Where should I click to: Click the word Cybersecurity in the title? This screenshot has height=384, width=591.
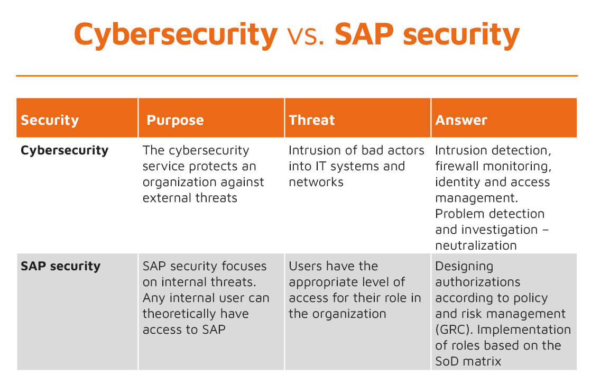(x=176, y=35)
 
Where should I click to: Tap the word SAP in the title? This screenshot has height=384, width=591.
(x=364, y=34)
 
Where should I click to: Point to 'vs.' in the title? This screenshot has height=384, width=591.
(x=306, y=36)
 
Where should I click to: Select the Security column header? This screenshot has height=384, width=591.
(x=50, y=120)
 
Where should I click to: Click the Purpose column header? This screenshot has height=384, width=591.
(x=176, y=120)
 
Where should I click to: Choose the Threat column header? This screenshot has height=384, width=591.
(x=312, y=120)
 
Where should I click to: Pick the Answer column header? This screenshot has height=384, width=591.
(x=461, y=120)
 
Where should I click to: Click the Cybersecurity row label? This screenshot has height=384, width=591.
(x=64, y=151)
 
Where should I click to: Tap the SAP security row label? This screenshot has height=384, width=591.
(x=61, y=266)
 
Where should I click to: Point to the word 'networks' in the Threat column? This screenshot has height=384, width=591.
(x=316, y=182)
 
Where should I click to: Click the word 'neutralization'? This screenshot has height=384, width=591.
(x=476, y=245)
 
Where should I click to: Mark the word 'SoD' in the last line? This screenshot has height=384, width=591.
(x=447, y=361)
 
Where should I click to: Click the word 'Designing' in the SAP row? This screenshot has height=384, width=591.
(x=464, y=267)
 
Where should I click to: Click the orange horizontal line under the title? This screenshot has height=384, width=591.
(x=297, y=76)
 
